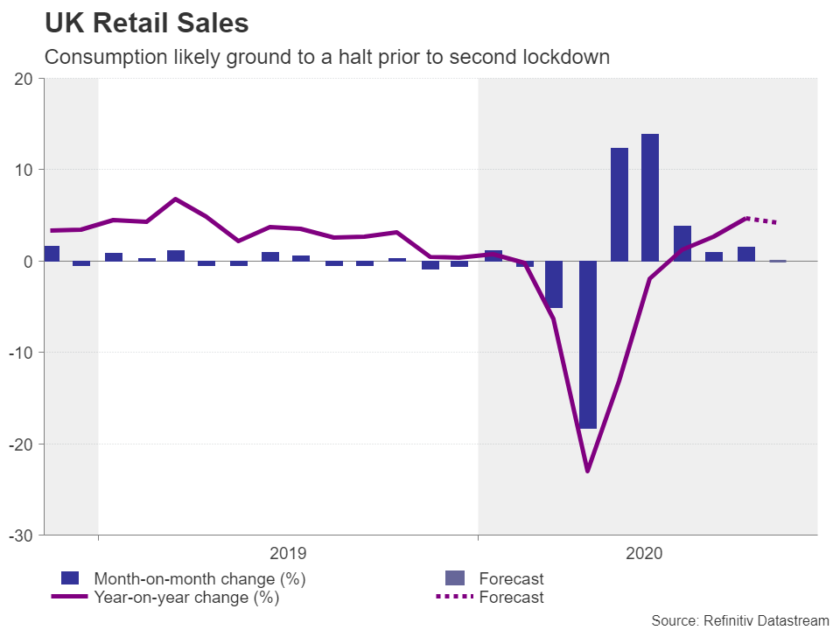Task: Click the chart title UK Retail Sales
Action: pos(146,22)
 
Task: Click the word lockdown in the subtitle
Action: pos(565,58)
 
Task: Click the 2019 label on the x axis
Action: pos(288,553)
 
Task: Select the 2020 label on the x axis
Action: pos(644,553)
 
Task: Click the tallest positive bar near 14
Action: pos(650,197)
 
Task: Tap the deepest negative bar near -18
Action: pos(587,344)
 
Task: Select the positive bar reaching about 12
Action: pos(619,204)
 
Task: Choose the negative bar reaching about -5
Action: pos(554,284)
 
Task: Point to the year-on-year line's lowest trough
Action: pos(587,472)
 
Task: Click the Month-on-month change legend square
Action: pos(70,578)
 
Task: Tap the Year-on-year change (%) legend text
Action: pos(186,598)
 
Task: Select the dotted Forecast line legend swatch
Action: pos(455,598)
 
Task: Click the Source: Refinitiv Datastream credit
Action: pos(739,619)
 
